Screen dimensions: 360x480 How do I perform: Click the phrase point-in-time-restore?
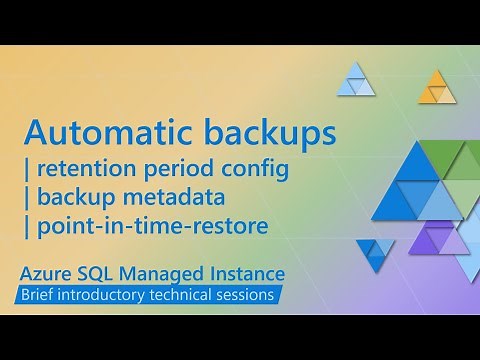click(152, 227)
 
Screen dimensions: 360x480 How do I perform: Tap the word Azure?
click(53, 272)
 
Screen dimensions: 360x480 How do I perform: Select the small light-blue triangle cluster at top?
click(356, 79)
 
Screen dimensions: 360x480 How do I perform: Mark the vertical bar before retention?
click(26, 170)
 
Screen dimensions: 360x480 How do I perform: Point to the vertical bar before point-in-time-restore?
click(26, 227)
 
